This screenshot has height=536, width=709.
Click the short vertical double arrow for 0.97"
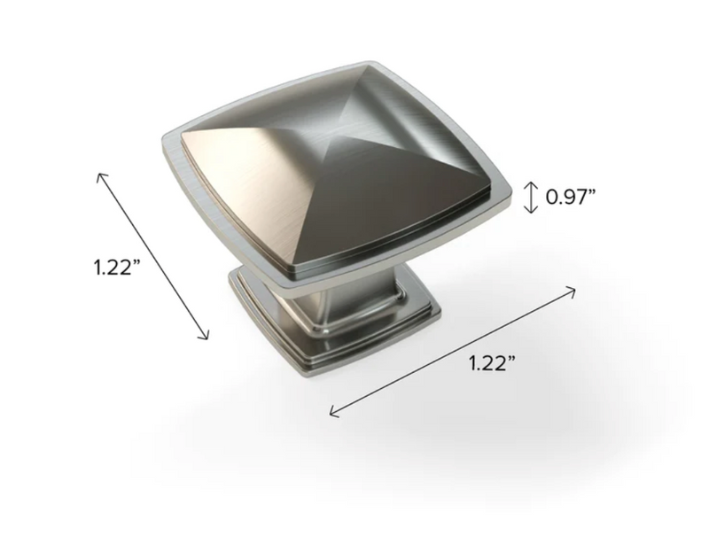coord(530,197)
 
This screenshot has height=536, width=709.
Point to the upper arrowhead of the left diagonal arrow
coord(99,175)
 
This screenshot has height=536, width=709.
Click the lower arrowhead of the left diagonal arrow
coord(207,338)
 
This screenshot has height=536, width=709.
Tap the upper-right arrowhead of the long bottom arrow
coord(575,290)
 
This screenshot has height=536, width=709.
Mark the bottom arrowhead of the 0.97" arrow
coord(530,211)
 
